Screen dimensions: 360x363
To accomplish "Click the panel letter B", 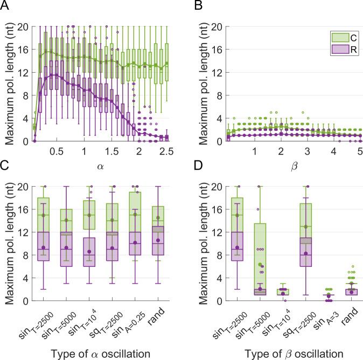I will tap(190, 6).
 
